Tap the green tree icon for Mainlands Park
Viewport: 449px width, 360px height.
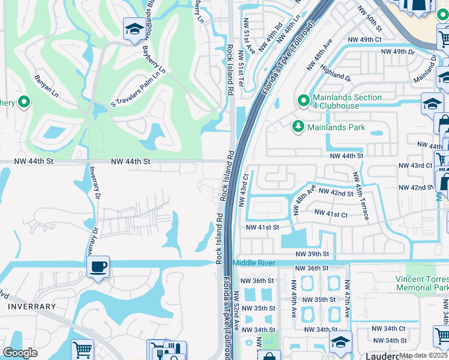tap(297, 127)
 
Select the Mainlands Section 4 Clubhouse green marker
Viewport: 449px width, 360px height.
tap(304, 99)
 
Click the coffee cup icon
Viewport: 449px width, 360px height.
tap(98, 267)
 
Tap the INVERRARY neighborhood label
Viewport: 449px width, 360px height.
tap(32, 307)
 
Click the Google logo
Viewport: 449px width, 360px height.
tap(20, 353)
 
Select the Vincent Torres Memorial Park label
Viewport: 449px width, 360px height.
tap(422, 283)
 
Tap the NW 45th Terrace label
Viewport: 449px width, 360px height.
tap(360, 196)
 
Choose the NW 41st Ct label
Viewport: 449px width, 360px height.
tap(331, 214)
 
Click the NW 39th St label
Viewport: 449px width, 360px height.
tap(312, 254)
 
